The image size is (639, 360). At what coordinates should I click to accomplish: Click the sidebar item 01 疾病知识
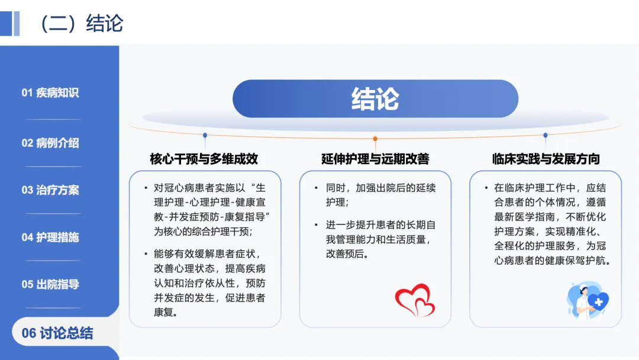pos(50,93)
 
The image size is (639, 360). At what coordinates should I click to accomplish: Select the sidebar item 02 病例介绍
pos(50,143)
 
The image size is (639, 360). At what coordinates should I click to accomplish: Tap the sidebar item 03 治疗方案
pos(50,190)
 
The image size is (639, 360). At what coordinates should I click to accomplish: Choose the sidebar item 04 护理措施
pos(50,237)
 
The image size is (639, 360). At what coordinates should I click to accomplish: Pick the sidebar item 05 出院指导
pos(50,284)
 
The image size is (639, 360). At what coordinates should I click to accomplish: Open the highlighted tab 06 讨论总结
pos(57,333)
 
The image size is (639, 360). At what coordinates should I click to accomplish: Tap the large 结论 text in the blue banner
pos(375,99)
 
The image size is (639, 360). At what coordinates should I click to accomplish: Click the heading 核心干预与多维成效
pos(204,159)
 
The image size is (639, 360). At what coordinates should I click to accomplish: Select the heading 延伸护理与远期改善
pos(375,159)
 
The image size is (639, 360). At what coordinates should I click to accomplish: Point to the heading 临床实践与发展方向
pos(546,159)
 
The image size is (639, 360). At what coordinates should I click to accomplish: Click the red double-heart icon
pos(415,300)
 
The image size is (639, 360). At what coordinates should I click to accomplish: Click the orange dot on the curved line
pos(375,139)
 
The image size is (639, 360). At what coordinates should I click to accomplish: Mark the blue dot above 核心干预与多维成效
pos(205,135)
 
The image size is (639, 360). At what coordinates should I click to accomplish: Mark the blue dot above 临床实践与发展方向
pos(546,135)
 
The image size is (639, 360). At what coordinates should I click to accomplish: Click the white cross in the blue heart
pos(599,302)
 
